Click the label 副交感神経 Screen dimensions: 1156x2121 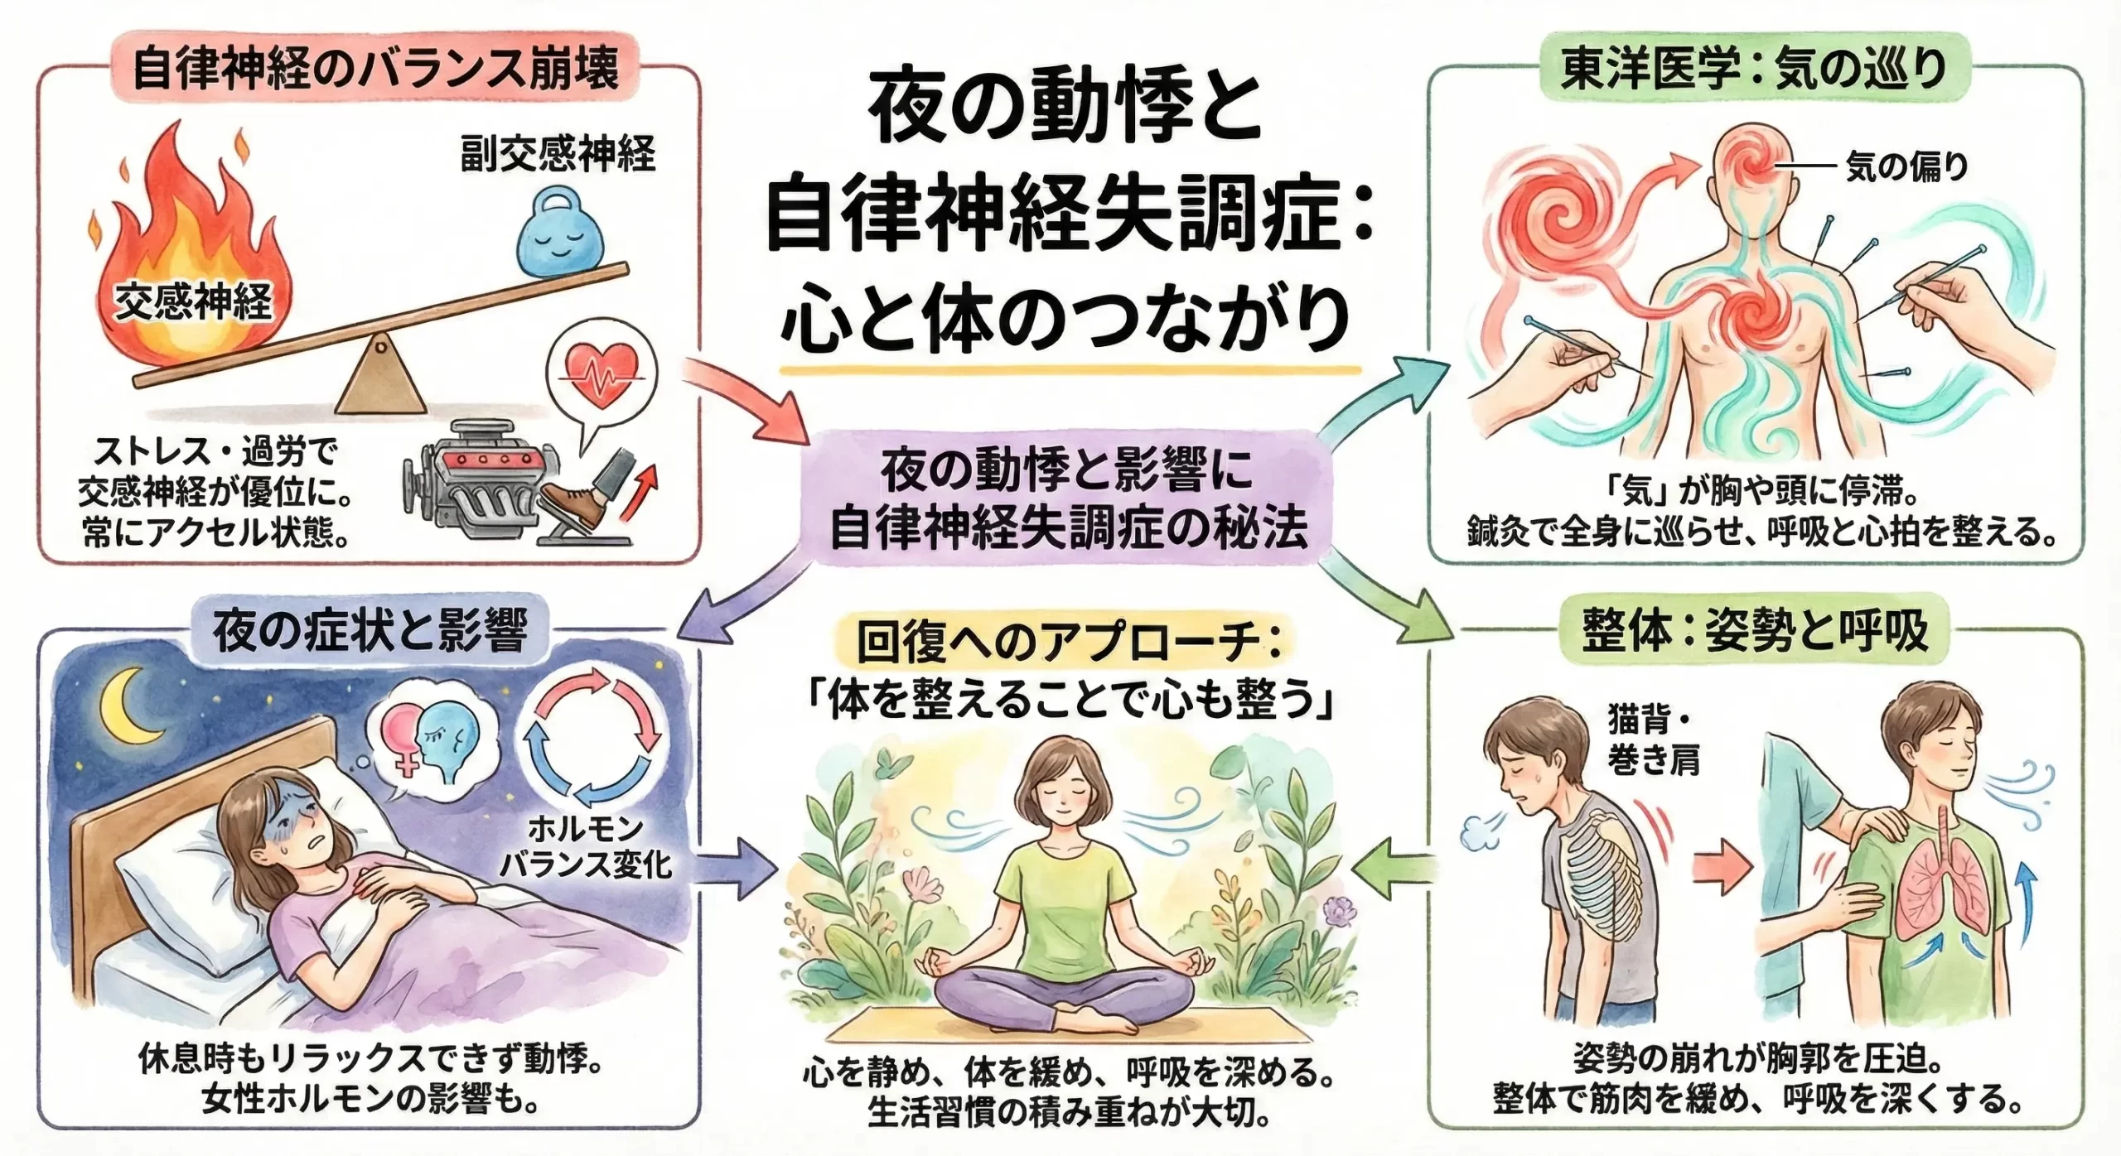tap(558, 155)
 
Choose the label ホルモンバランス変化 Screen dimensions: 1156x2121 tap(586, 846)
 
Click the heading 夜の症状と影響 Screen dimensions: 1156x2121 tap(370, 632)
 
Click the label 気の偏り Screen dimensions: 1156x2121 tap(1906, 168)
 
